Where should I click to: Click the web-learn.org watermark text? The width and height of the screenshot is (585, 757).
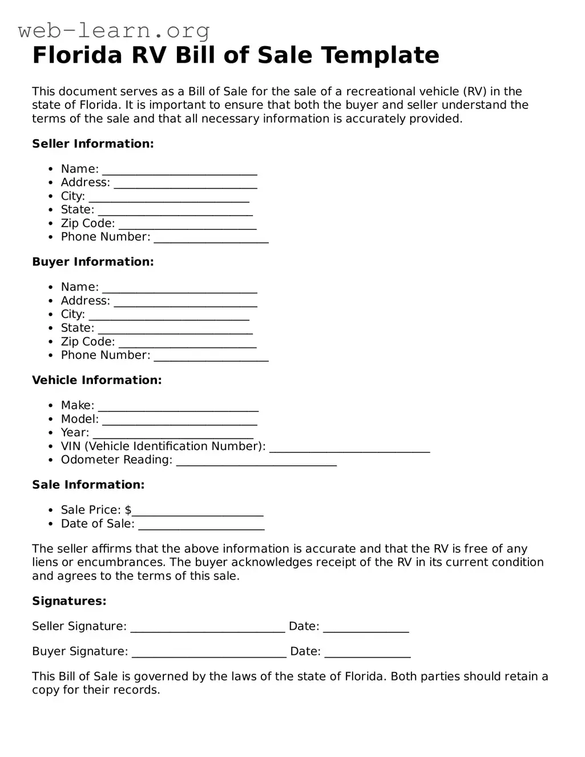coord(114,30)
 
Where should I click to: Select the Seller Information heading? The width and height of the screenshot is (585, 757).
coord(92,144)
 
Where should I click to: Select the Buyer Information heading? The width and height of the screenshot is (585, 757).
coord(92,262)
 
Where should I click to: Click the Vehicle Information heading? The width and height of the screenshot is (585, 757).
coord(96,380)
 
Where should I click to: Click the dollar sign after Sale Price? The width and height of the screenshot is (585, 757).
coord(128,510)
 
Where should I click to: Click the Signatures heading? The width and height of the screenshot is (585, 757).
coord(69,601)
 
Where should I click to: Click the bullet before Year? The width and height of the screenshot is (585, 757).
coord(50,433)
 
